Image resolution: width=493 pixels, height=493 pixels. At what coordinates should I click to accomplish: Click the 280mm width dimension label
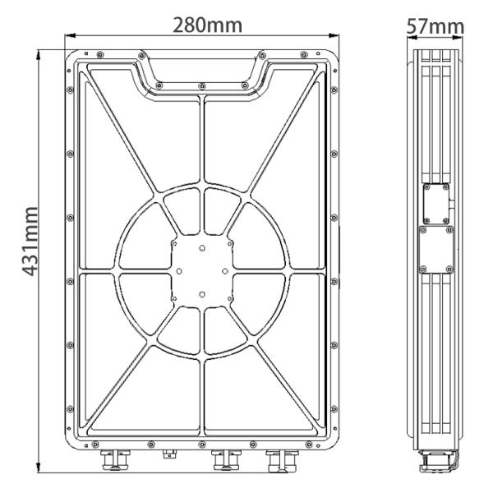[x=206, y=25]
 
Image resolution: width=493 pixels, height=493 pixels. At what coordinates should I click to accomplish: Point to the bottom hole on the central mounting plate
[x=202, y=293]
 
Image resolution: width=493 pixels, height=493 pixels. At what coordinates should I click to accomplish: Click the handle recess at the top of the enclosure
[x=202, y=72]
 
